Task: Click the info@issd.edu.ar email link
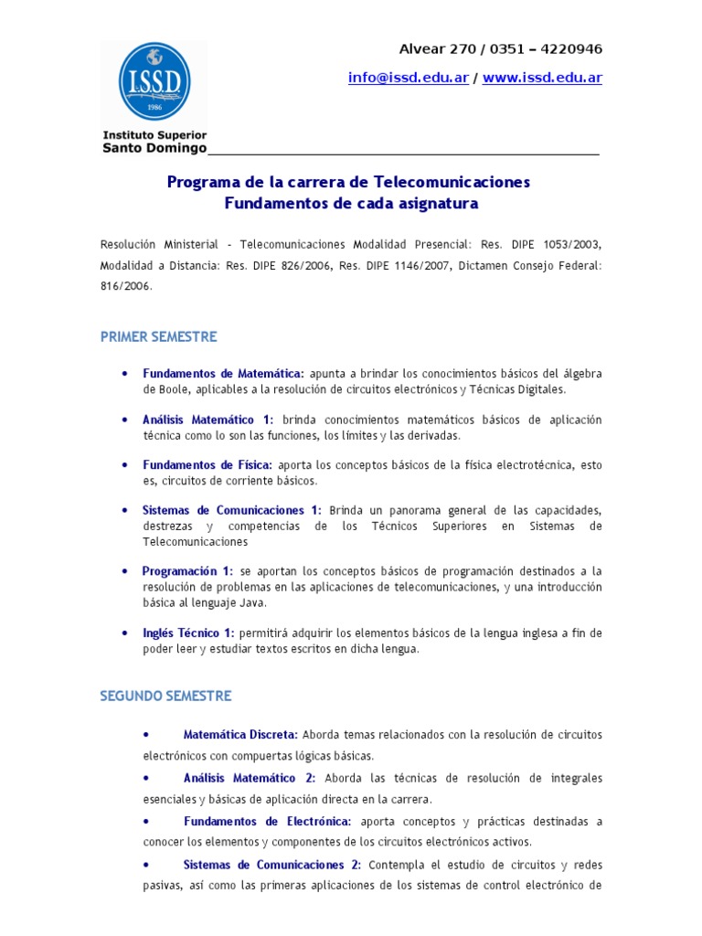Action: tap(408, 78)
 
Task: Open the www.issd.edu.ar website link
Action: tap(542, 78)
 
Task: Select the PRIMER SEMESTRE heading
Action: tap(158, 336)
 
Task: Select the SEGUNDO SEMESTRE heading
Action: tap(165, 696)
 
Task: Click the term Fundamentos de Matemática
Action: tap(223, 373)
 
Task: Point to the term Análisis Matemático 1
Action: tap(207, 419)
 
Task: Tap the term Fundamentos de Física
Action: tap(207, 464)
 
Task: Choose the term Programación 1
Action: tap(187, 570)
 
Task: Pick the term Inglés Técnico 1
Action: tap(188, 633)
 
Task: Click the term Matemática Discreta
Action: tap(240, 734)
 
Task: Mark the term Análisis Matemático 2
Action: tap(249, 778)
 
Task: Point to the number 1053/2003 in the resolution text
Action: tap(573, 245)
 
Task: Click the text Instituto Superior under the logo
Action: tap(154, 135)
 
